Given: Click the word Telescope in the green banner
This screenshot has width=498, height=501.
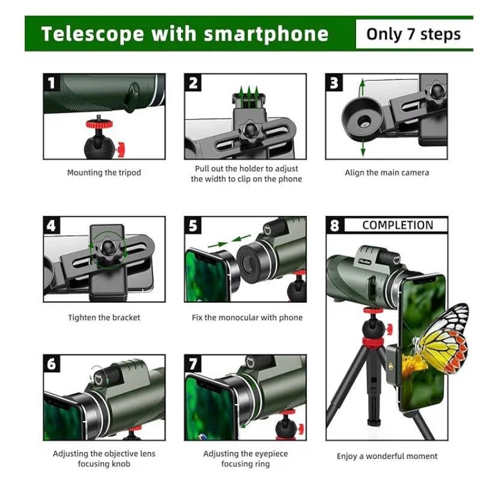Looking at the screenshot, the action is point(92,34).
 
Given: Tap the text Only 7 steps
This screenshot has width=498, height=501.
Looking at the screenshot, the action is point(413,34).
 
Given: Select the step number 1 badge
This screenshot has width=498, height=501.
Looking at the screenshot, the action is point(51,83).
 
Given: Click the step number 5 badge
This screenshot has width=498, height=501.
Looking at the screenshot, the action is point(192,226).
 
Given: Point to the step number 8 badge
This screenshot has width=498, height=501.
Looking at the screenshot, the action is point(334,226).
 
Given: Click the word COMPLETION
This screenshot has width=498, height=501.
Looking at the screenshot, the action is point(398,225).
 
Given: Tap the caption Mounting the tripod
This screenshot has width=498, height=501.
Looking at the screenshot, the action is point(104,173).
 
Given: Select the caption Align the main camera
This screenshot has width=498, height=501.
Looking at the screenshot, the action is point(387,173).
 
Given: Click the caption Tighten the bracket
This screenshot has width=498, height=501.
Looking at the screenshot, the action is point(104,318).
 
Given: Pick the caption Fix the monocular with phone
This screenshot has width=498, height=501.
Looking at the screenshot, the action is point(247,318).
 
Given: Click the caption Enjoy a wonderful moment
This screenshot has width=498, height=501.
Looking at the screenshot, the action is point(387,456).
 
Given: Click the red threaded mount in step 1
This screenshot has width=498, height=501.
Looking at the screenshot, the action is point(99,123).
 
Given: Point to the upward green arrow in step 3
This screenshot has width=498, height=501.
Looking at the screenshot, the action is point(362,87).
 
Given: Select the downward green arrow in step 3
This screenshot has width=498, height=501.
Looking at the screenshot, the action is point(363,148).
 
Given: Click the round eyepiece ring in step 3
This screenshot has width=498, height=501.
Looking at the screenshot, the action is point(362,119).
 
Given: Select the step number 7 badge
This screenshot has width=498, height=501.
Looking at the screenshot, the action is point(192,364).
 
